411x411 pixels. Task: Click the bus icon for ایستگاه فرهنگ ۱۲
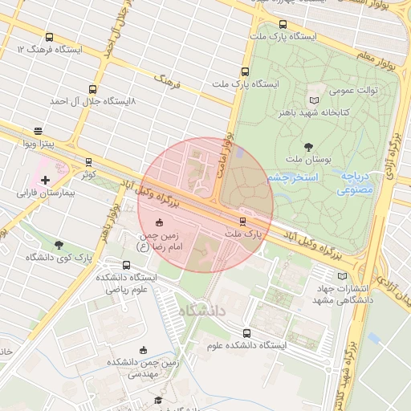tap(50, 37)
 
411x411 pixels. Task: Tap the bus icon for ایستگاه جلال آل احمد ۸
tap(92, 89)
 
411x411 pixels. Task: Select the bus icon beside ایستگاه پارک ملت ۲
tap(246, 71)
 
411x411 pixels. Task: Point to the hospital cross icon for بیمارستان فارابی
tap(45, 181)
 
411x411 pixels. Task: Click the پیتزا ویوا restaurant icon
tap(38, 131)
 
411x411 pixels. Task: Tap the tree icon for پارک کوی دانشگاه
tap(59, 244)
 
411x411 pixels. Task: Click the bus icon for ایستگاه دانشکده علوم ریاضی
tap(126, 265)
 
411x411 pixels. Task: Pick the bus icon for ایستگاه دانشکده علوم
tap(246, 333)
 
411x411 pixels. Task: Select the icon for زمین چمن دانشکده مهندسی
tap(144, 350)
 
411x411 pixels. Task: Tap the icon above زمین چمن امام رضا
tap(158, 222)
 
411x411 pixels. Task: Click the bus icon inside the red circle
tap(242, 221)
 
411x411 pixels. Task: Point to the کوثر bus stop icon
tap(88, 162)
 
